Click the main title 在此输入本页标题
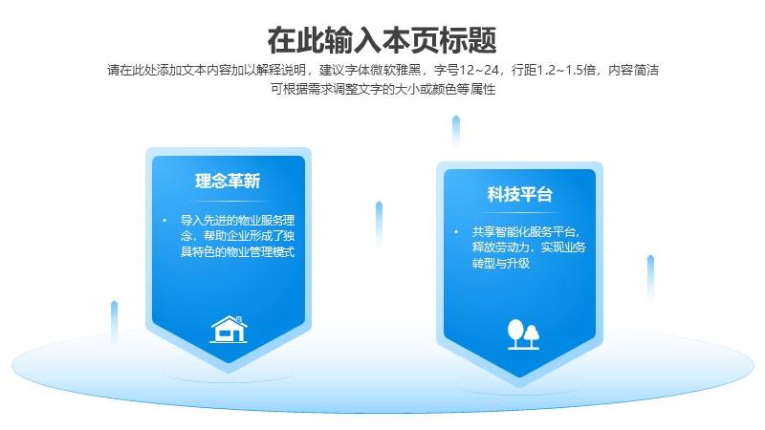pos(382,40)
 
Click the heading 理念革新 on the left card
pos(228,181)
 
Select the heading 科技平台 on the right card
pos(519,194)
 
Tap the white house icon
pos(229,329)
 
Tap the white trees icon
pos(523,334)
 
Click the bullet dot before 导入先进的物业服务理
pos(164,221)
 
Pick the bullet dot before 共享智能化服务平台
pos(456,231)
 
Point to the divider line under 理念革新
pos(229,201)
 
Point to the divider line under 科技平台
pos(519,212)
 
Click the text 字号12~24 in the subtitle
pos(467,70)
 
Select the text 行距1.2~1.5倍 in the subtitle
pos(554,70)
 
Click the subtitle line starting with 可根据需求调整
pos(383,89)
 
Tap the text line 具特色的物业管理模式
pos(237,252)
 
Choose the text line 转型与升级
pos(500,264)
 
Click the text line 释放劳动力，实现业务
pos(529,247)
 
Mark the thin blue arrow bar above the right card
pos(456,131)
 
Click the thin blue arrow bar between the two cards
pos(379,224)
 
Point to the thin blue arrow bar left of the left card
pos(114,322)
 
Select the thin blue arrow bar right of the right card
pos(650,277)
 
